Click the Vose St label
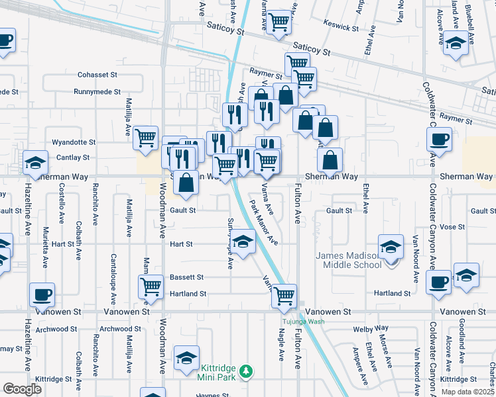[x=452, y=226]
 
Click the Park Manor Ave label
[x=263, y=220]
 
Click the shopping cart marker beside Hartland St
[x=151, y=286]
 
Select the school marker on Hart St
[x=243, y=241]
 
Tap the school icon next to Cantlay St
[x=34, y=162]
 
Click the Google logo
[x=23, y=389]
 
